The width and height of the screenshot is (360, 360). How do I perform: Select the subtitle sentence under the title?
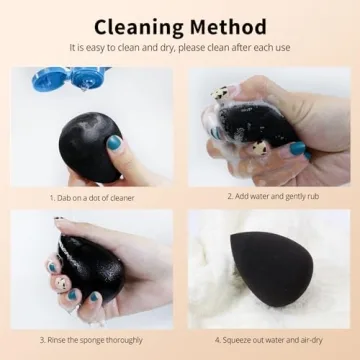[x=180, y=47]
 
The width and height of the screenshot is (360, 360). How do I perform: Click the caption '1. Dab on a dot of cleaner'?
[x=92, y=197]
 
